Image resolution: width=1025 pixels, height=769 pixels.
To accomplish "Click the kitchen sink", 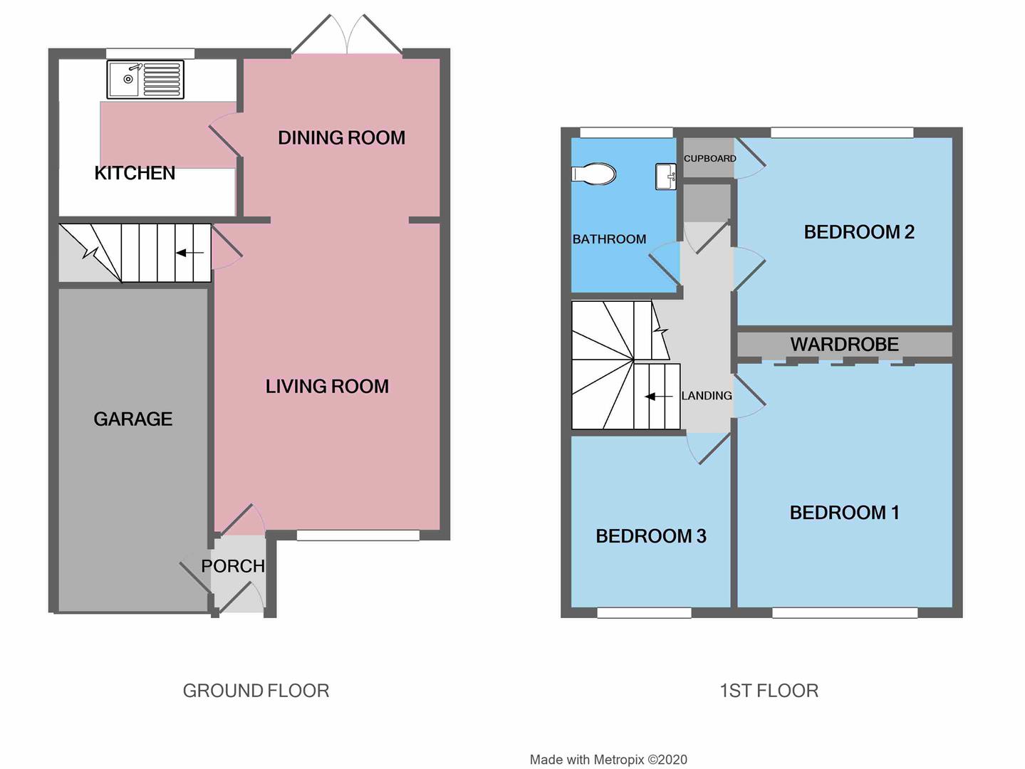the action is point(145,79).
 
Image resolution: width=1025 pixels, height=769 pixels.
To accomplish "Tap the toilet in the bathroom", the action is point(593,174).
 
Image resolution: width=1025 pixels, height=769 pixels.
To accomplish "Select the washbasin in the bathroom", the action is point(666,177).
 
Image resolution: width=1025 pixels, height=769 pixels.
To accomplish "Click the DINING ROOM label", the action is point(341,137).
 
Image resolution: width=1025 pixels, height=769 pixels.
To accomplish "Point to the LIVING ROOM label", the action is point(327,387).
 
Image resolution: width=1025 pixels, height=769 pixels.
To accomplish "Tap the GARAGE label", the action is point(132,419).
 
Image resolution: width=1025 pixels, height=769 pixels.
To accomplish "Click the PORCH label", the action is point(232,566).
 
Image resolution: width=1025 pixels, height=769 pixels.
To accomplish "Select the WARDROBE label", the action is point(844,345).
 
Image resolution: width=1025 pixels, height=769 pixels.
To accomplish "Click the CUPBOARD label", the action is point(709,159).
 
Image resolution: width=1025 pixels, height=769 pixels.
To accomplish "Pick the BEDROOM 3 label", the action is point(651,536).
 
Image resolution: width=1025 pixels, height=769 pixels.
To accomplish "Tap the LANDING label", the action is point(707,396).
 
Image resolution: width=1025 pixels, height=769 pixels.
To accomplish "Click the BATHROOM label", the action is point(610,239).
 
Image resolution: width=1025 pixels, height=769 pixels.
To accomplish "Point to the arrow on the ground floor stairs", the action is point(189,253).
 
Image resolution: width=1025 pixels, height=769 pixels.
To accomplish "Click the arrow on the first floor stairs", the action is point(658,397).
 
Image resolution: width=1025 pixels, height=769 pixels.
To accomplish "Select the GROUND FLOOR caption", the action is point(256,691).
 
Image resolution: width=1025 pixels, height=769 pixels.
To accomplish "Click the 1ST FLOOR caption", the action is point(769,691).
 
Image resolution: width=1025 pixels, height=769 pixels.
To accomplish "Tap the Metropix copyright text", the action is point(608,760).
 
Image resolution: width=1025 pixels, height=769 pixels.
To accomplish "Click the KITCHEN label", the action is point(135,173).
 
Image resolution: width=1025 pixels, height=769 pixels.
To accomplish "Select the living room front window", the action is point(358,535).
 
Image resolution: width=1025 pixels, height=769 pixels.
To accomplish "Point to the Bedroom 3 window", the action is point(645,612).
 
